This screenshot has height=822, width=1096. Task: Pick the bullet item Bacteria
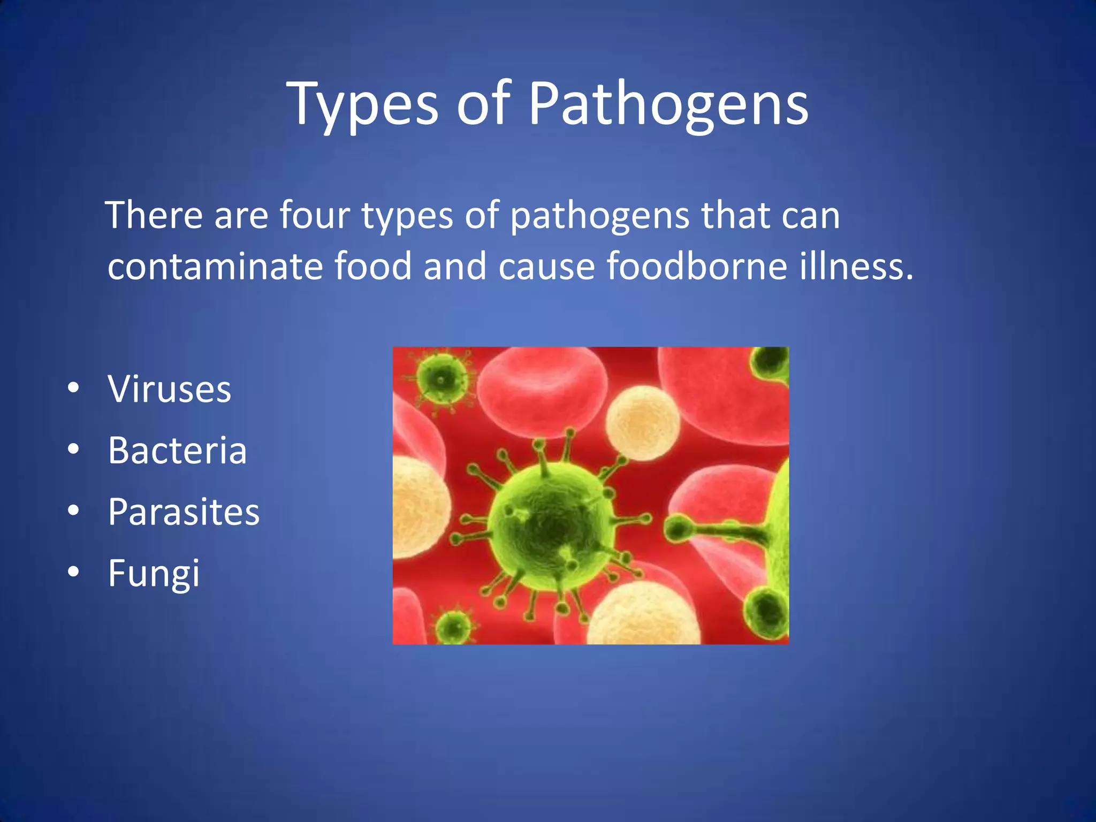click(x=177, y=450)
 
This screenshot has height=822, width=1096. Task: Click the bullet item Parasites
click(x=184, y=512)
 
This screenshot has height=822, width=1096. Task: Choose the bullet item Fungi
click(x=154, y=573)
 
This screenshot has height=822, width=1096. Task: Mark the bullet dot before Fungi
click(x=74, y=572)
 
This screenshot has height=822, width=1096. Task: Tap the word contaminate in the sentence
click(x=215, y=266)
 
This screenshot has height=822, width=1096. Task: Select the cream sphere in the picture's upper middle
click(x=643, y=423)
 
